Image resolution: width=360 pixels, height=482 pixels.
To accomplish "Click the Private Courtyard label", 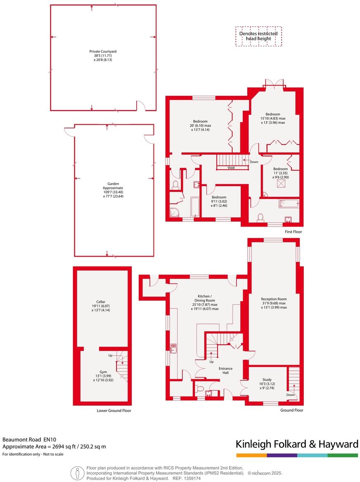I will point(103,52).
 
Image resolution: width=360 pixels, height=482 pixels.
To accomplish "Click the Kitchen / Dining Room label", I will point(205,298).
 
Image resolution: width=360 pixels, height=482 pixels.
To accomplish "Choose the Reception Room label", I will point(274,299).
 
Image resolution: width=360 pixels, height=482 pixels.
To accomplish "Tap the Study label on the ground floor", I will point(267,380).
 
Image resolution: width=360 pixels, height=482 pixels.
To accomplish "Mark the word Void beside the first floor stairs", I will point(231,168).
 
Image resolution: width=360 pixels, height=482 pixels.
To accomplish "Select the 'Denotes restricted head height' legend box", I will point(259,36).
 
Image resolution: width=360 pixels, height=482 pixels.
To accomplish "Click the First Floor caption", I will point(293,232).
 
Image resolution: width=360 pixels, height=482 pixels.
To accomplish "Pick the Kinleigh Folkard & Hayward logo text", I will point(296,444).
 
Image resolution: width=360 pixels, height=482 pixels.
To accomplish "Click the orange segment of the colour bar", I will point(251,455).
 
